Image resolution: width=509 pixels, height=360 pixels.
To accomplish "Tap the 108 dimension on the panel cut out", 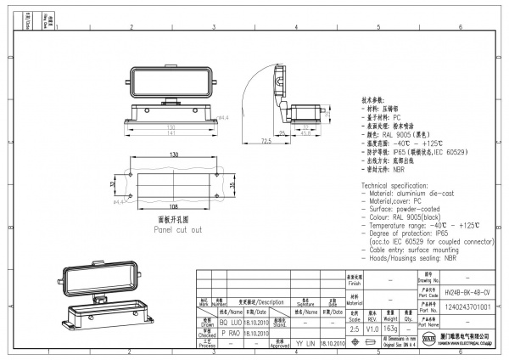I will (174, 205).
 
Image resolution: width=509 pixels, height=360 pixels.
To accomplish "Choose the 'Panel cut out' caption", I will (177, 230).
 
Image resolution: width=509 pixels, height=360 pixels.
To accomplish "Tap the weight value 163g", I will (390, 328).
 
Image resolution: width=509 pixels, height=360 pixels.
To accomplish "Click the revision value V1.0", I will (372, 328).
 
